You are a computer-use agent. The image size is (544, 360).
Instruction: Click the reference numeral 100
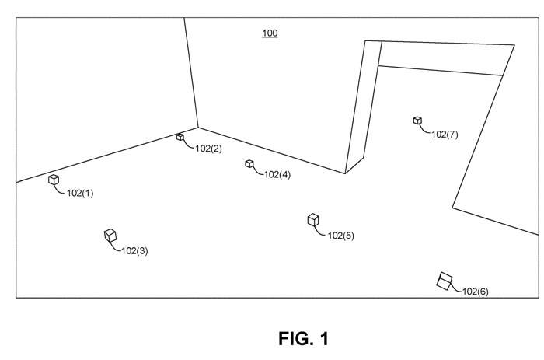(x=270, y=33)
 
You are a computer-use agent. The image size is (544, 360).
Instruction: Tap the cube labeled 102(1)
(x=54, y=180)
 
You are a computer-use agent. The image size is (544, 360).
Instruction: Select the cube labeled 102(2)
(x=180, y=137)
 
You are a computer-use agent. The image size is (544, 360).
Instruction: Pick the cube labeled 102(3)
(x=110, y=235)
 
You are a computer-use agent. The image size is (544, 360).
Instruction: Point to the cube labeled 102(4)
(x=249, y=163)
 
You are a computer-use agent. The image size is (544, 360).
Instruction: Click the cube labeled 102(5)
(x=313, y=220)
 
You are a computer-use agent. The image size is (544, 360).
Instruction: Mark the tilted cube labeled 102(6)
(x=444, y=281)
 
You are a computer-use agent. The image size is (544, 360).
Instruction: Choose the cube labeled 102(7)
(x=417, y=121)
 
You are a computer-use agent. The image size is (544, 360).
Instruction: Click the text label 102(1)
(x=80, y=194)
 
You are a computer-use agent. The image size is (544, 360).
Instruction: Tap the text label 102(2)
(x=208, y=149)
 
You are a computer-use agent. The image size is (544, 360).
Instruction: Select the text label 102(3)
(x=134, y=250)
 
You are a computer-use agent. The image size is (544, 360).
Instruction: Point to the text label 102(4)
(x=277, y=175)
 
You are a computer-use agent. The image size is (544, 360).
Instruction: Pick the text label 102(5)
(x=340, y=236)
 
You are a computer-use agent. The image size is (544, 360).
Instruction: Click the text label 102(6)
(x=475, y=292)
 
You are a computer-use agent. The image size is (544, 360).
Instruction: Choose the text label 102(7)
(x=445, y=135)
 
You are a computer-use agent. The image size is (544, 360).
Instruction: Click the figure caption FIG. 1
(x=304, y=339)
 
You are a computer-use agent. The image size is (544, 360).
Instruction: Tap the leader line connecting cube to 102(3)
(x=117, y=247)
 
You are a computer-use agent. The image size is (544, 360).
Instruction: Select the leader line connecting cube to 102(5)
(x=319, y=232)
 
